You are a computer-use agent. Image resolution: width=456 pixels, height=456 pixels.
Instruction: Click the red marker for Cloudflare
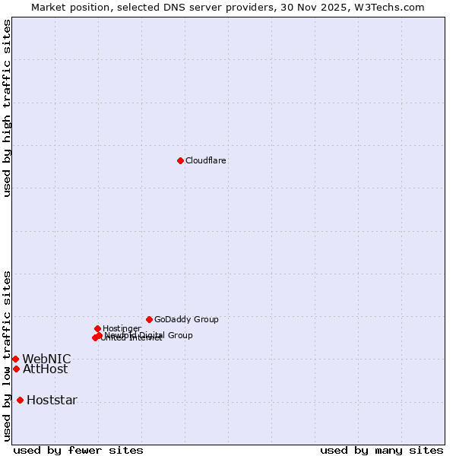pyautogui.click(x=180, y=160)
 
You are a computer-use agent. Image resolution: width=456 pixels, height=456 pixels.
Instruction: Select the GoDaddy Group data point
pyautogui.click(x=149, y=319)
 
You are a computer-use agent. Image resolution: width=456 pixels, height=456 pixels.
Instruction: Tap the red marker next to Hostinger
pyautogui.click(x=97, y=328)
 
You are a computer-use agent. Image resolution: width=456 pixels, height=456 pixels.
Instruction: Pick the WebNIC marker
pyautogui.click(x=15, y=359)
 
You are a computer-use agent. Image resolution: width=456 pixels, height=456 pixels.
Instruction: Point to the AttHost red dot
pyautogui.click(x=16, y=369)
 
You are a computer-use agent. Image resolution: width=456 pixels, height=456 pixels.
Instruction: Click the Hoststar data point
pyautogui.click(x=20, y=400)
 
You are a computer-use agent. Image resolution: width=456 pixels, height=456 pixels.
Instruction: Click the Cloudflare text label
pyautogui.click(x=206, y=160)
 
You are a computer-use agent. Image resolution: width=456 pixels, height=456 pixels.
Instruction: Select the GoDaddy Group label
pyautogui.click(x=186, y=319)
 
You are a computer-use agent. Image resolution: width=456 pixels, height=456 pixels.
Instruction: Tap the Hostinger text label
pyautogui.click(x=122, y=328)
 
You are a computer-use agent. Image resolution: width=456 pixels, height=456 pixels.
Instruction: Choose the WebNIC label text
pyautogui.click(x=46, y=359)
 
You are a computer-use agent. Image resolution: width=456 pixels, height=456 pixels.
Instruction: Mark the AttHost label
pyautogui.click(x=45, y=369)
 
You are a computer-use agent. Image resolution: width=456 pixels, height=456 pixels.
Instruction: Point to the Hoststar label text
pyautogui.click(x=52, y=401)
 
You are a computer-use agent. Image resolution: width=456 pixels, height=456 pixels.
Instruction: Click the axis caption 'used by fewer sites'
pyautogui.click(x=78, y=450)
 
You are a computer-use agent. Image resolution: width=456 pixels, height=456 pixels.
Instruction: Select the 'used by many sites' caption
pyautogui.click(x=382, y=450)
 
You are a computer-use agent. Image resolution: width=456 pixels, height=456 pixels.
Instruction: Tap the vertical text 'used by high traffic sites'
pyautogui.click(x=7, y=108)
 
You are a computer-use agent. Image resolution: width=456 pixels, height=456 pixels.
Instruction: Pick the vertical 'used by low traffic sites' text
pyautogui.click(x=7, y=356)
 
